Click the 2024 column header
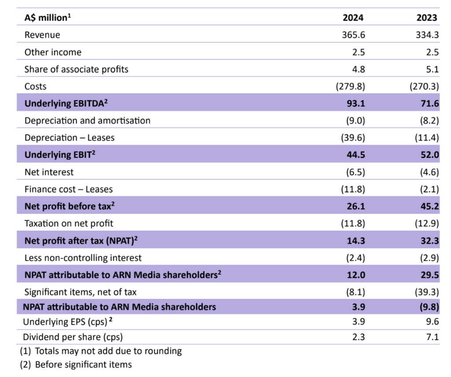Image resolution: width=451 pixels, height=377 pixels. [x=354, y=18]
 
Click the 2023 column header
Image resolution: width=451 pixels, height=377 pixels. [x=427, y=18]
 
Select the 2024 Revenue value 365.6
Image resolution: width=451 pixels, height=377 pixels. [x=354, y=35]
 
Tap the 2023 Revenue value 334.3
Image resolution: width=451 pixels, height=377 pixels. [x=427, y=35]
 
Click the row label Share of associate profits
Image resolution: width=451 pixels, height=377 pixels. [x=76, y=69]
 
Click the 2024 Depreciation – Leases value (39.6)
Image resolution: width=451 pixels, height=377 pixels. [x=352, y=138]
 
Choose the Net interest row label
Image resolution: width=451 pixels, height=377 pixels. [x=49, y=172]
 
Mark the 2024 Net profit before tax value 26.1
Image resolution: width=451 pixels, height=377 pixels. [x=356, y=206]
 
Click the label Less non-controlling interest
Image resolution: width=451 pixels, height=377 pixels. [x=83, y=258]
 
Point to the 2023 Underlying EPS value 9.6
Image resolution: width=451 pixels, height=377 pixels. [x=432, y=322]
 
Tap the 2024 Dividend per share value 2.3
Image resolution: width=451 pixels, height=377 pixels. [x=359, y=337]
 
